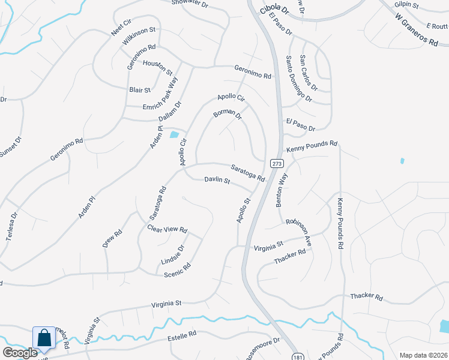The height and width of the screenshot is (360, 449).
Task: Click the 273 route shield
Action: [276, 163]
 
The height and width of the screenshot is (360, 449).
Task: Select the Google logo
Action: [20, 353]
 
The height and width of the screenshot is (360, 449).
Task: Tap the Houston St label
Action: [158, 66]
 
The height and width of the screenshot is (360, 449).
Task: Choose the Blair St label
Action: [140, 90]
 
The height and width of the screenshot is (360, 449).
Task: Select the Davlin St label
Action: [217, 179]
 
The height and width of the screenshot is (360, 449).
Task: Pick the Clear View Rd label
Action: [167, 229]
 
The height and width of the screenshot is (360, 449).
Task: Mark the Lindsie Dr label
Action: [173, 255]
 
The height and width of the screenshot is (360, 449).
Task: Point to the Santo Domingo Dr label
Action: [298, 78]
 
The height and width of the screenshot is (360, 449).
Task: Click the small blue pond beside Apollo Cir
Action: [174, 135]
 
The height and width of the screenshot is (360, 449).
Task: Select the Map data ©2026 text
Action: [423, 355]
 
